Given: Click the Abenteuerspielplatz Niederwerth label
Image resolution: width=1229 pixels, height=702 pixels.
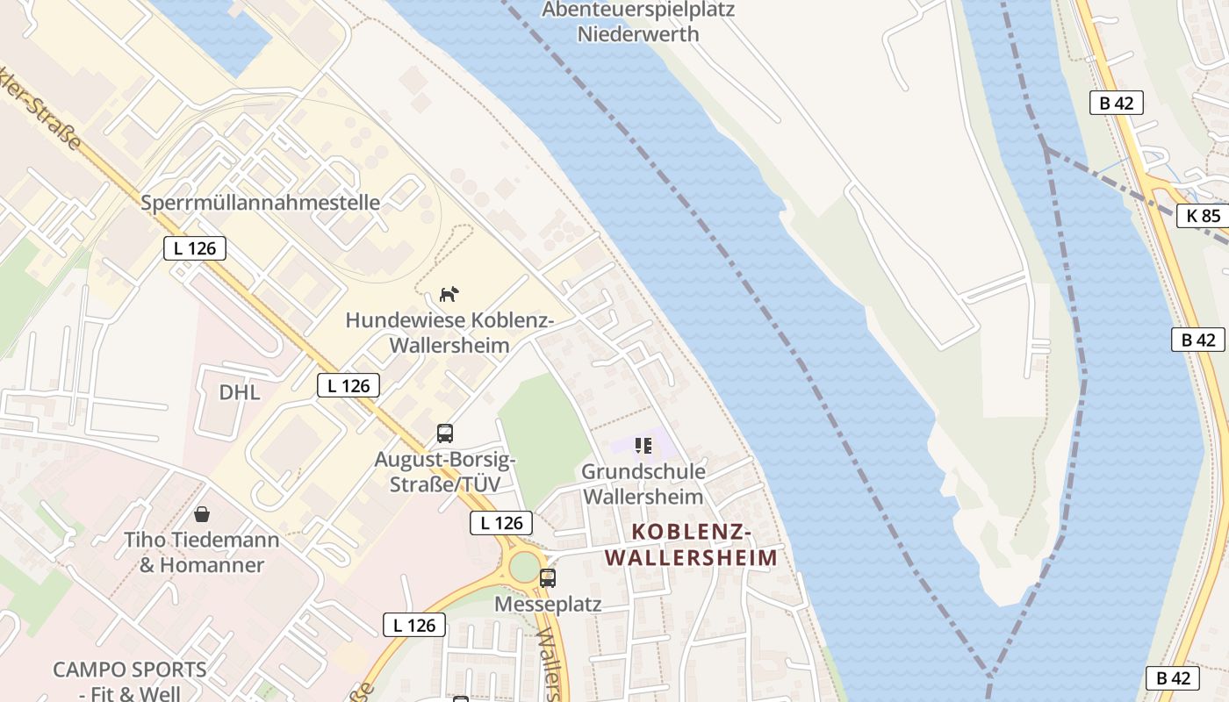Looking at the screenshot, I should (638, 22).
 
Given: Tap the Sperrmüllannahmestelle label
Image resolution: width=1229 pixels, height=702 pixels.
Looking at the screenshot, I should (261, 203).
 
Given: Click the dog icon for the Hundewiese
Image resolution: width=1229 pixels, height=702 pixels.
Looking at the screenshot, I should (449, 294).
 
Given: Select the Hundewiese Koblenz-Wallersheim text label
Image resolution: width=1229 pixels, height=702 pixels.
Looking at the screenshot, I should (449, 333).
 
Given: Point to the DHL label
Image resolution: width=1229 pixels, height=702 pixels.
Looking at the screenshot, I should (240, 392).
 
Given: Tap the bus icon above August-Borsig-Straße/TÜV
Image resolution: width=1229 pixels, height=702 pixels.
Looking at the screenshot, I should (445, 433).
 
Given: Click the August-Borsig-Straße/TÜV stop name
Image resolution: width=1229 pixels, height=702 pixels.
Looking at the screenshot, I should (445, 471).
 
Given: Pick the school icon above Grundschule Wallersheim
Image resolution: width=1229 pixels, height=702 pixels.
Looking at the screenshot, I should (643, 446).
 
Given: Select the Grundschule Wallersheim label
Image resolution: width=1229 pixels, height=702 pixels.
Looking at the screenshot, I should (643, 484).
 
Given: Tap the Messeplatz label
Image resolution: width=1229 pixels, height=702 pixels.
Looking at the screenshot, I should (548, 604).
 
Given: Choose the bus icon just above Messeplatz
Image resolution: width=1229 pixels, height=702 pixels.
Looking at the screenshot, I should (548, 577).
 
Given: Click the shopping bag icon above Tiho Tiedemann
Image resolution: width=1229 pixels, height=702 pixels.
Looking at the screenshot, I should (202, 513).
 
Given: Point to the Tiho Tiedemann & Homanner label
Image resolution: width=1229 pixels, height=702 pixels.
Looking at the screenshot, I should (202, 552).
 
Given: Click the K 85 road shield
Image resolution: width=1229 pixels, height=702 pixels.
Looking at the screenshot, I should (1202, 215).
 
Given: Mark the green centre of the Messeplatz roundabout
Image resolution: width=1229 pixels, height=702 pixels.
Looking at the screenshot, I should (524, 567).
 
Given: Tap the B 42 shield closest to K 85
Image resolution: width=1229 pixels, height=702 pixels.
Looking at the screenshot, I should (1116, 103).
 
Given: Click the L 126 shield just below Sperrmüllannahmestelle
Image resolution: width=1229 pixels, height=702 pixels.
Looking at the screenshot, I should (195, 248).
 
